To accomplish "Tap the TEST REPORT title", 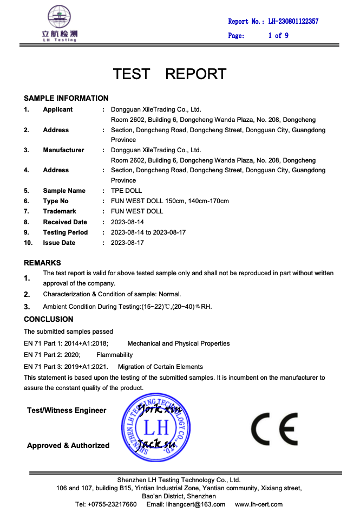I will [169, 74].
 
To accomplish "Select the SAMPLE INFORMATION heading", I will [66, 98].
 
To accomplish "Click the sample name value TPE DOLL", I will [126, 191].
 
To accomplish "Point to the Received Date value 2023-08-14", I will [127, 222].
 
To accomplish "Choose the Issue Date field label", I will [59, 243].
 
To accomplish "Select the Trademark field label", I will [60, 211].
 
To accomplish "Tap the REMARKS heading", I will [42, 263].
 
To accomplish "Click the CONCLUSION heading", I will [48, 319].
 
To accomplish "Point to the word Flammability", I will [114, 355].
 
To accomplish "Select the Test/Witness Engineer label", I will [67, 411].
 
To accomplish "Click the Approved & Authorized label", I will [68, 445].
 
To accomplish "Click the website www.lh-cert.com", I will [259, 504].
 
